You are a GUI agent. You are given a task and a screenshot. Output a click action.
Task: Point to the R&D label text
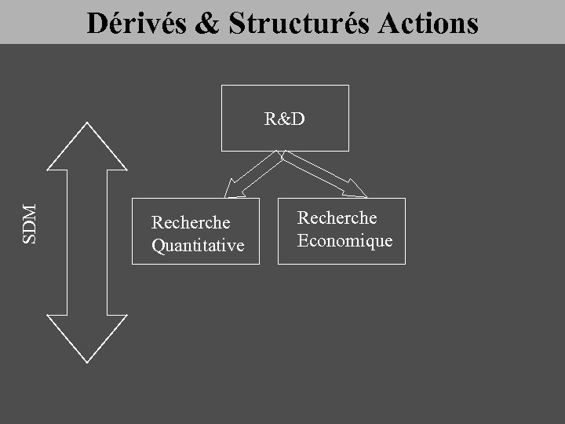click(x=284, y=119)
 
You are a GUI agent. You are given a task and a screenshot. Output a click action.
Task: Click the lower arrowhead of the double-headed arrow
click(x=87, y=338)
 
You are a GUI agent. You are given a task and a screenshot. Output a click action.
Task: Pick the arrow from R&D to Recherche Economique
click(x=322, y=173)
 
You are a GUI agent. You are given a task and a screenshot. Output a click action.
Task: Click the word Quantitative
click(x=198, y=246)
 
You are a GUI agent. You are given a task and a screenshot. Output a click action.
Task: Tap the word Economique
click(x=344, y=240)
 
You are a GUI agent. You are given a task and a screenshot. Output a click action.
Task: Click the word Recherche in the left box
click(x=191, y=223)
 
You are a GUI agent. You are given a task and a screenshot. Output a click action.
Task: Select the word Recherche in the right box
click(x=337, y=217)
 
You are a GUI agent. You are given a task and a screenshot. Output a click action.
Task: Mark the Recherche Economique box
click(x=342, y=255)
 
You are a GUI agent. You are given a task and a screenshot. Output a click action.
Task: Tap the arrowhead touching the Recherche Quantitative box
click(x=231, y=189)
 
